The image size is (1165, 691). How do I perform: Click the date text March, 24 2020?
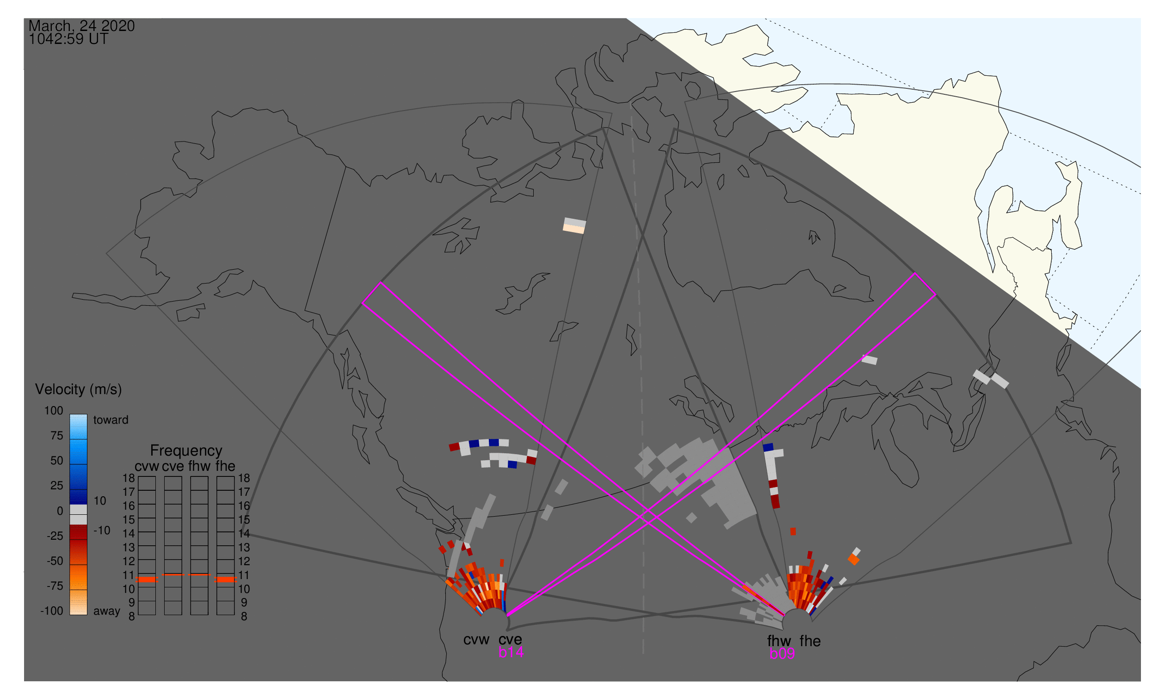click(81, 26)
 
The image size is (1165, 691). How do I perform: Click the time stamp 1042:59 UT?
click(68, 39)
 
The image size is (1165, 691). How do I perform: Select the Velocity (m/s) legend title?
click(79, 390)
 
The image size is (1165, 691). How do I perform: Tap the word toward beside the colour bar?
click(111, 420)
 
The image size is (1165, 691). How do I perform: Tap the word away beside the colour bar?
click(107, 611)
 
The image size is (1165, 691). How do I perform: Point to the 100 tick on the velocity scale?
click(54, 411)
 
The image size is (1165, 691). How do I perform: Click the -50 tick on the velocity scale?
click(55, 561)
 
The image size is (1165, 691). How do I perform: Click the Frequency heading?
click(186, 451)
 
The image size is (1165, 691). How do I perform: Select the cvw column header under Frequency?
click(147, 467)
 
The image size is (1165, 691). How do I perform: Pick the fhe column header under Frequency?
click(225, 467)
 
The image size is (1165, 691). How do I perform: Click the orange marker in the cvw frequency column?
click(147, 580)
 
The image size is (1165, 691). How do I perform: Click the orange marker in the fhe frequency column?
click(226, 580)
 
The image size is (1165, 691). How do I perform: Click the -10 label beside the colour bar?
click(102, 531)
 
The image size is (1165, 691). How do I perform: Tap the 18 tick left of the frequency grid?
click(129, 479)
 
